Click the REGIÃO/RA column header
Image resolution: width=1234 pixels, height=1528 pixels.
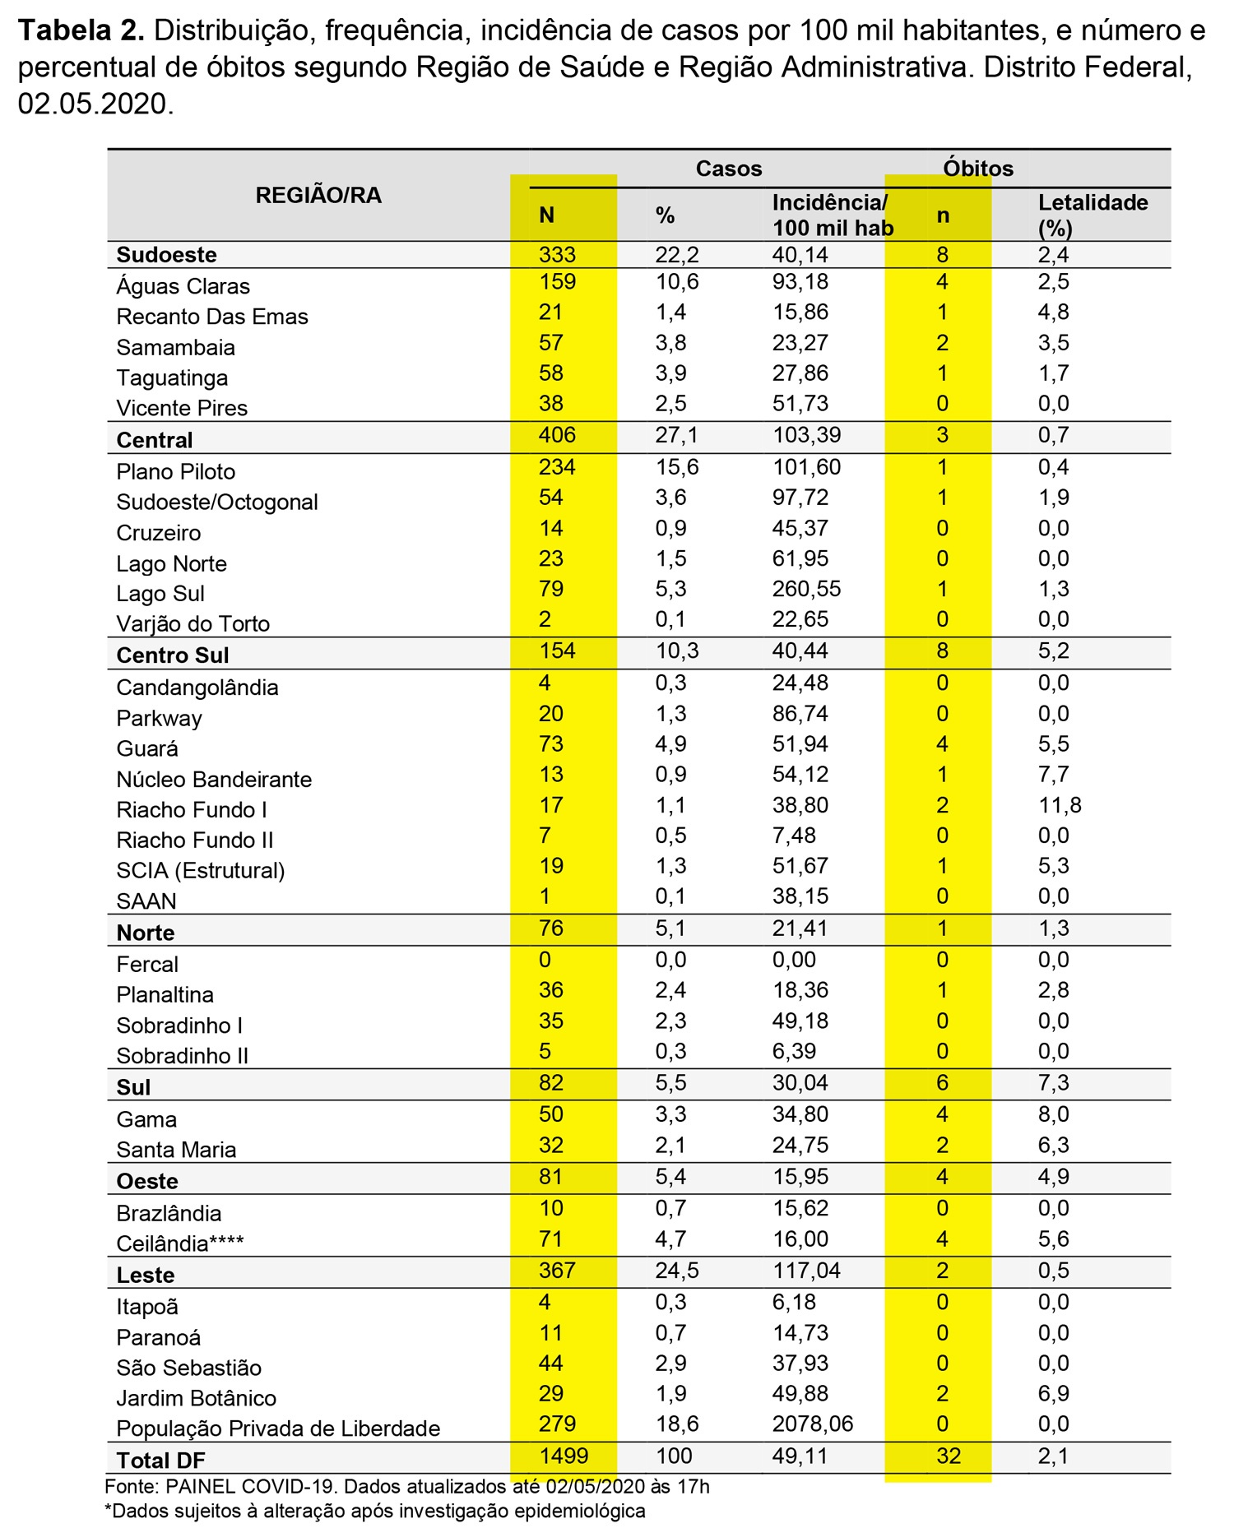click(x=318, y=196)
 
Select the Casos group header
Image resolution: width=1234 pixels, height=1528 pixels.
click(x=728, y=169)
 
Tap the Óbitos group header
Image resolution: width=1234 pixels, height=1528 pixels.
click(x=977, y=169)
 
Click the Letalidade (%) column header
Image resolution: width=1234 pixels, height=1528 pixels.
click(x=1092, y=215)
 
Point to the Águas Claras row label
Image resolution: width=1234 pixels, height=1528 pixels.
click(x=183, y=286)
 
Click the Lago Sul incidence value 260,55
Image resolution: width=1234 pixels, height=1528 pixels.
click(x=806, y=589)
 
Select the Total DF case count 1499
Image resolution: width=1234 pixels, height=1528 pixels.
click(x=564, y=1456)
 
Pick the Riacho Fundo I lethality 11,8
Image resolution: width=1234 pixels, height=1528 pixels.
click(x=1060, y=805)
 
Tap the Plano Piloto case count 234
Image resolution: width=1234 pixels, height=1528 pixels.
click(x=557, y=467)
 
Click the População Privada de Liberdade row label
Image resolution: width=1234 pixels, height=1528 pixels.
click(x=278, y=1428)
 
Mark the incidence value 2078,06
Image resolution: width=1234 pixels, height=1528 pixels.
click(x=812, y=1424)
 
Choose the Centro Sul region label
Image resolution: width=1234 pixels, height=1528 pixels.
click(x=173, y=655)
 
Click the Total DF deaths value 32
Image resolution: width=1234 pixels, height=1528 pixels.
click(x=949, y=1456)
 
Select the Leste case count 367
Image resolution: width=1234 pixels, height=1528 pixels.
click(x=557, y=1271)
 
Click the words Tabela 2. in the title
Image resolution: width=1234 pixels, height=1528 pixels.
click(x=81, y=31)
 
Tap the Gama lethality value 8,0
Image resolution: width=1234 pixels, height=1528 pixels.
click(x=1053, y=1114)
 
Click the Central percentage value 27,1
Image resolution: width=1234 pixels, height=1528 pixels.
click(x=676, y=435)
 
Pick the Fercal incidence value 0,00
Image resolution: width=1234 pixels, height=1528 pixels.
click(x=794, y=960)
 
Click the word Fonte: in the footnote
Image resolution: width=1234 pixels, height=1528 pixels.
click(x=131, y=1487)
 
